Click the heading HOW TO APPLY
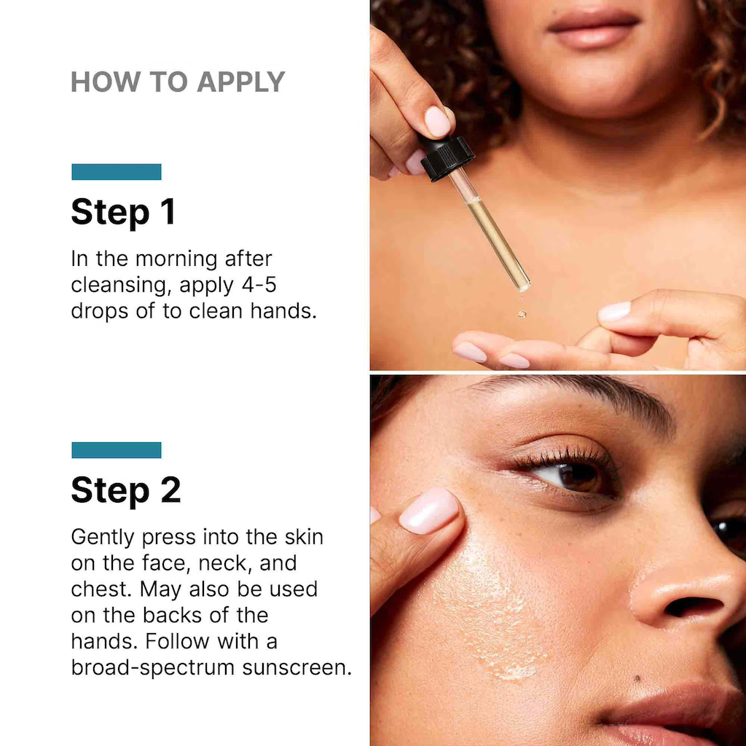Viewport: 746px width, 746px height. click(x=177, y=82)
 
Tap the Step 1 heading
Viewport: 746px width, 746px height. click(x=123, y=211)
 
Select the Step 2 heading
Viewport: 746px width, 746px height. click(x=125, y=490)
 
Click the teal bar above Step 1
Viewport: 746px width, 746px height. click(x=117, y=172)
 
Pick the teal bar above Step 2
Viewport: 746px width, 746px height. click(x=117, y=450)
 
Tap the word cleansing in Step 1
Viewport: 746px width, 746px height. click(x=121, y=284)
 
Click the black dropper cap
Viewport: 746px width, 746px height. click(x=447, y=157)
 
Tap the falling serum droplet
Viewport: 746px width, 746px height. click(x=522, y=314)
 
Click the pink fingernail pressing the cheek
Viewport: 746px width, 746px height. click(x=428, y=510)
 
